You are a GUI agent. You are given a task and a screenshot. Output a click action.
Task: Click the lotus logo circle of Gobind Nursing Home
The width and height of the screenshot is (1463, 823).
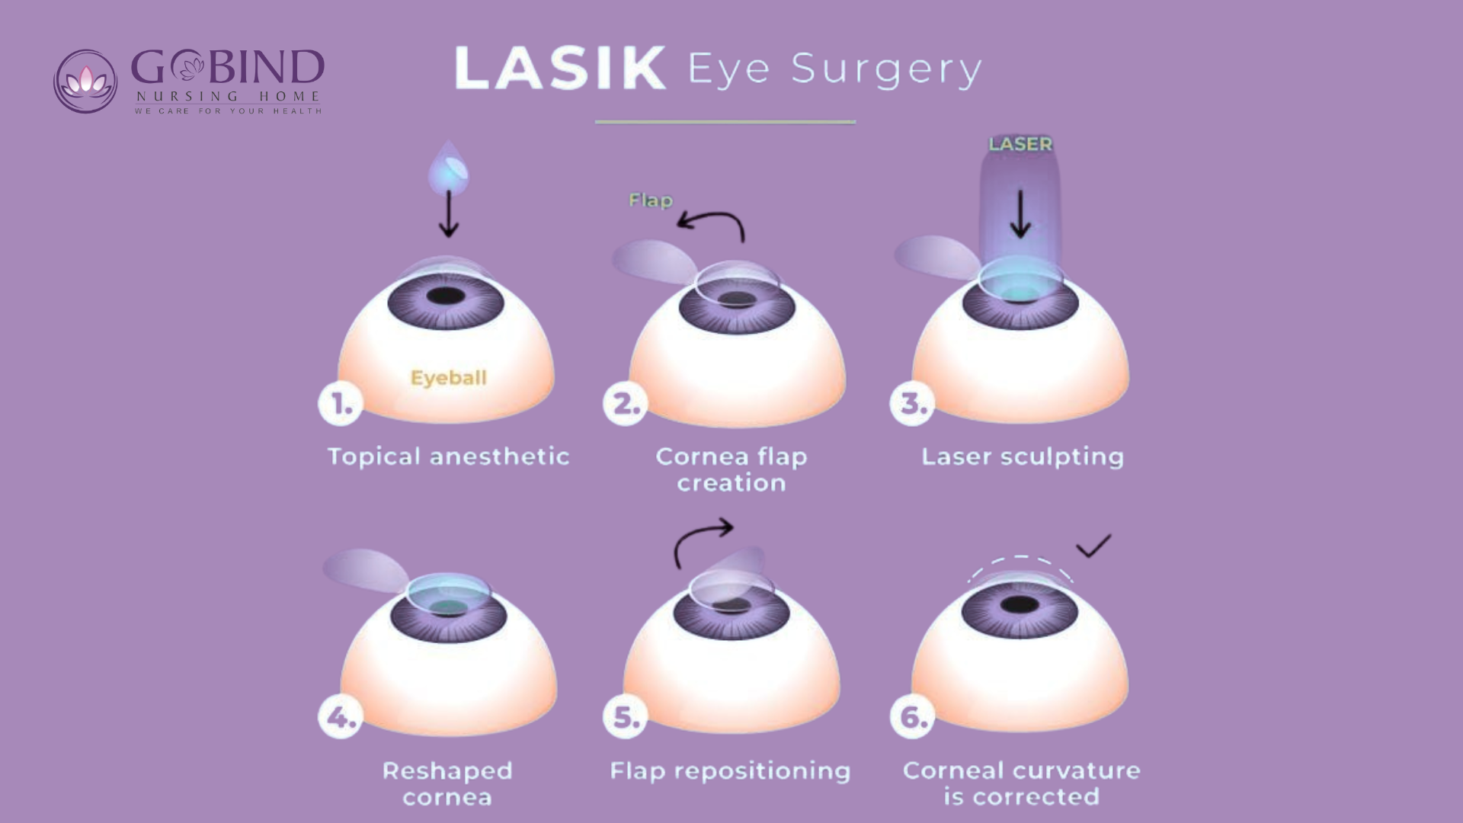(85, 82)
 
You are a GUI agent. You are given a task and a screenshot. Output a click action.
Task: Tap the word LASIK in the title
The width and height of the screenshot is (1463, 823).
(560, 69)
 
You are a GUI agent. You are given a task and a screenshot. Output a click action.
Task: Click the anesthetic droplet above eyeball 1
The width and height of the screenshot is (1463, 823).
(448, 168)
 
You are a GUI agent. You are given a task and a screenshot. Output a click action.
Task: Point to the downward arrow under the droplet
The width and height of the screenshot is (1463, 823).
(449, 214)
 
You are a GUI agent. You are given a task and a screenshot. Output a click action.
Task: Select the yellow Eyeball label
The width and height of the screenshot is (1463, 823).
(448, 378)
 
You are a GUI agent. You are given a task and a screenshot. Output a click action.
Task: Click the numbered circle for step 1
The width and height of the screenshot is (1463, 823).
(340, 404)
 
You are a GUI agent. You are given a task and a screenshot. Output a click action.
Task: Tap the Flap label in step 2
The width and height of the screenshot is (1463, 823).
(651, 200)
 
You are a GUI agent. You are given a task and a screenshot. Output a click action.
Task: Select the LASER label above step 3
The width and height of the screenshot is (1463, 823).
(1020, 144)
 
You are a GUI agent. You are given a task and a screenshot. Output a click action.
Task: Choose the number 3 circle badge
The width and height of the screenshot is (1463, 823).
(912, 404)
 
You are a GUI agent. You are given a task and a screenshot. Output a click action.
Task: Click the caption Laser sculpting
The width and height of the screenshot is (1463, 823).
(1023, 456)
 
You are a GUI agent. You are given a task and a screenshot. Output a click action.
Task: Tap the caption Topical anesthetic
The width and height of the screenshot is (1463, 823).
(448, 456)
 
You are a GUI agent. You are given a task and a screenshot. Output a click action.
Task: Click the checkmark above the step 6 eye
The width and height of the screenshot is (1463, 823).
(1093, 546)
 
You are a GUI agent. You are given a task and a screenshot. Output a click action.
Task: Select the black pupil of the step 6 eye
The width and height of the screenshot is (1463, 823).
(1020, 605)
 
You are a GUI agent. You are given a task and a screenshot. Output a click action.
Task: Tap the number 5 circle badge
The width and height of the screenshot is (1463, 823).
(626, 717)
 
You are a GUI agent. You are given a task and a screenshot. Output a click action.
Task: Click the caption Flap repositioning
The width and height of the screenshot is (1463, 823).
(730, 771)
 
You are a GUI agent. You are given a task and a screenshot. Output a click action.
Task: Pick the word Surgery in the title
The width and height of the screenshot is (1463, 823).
(887, 70)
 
